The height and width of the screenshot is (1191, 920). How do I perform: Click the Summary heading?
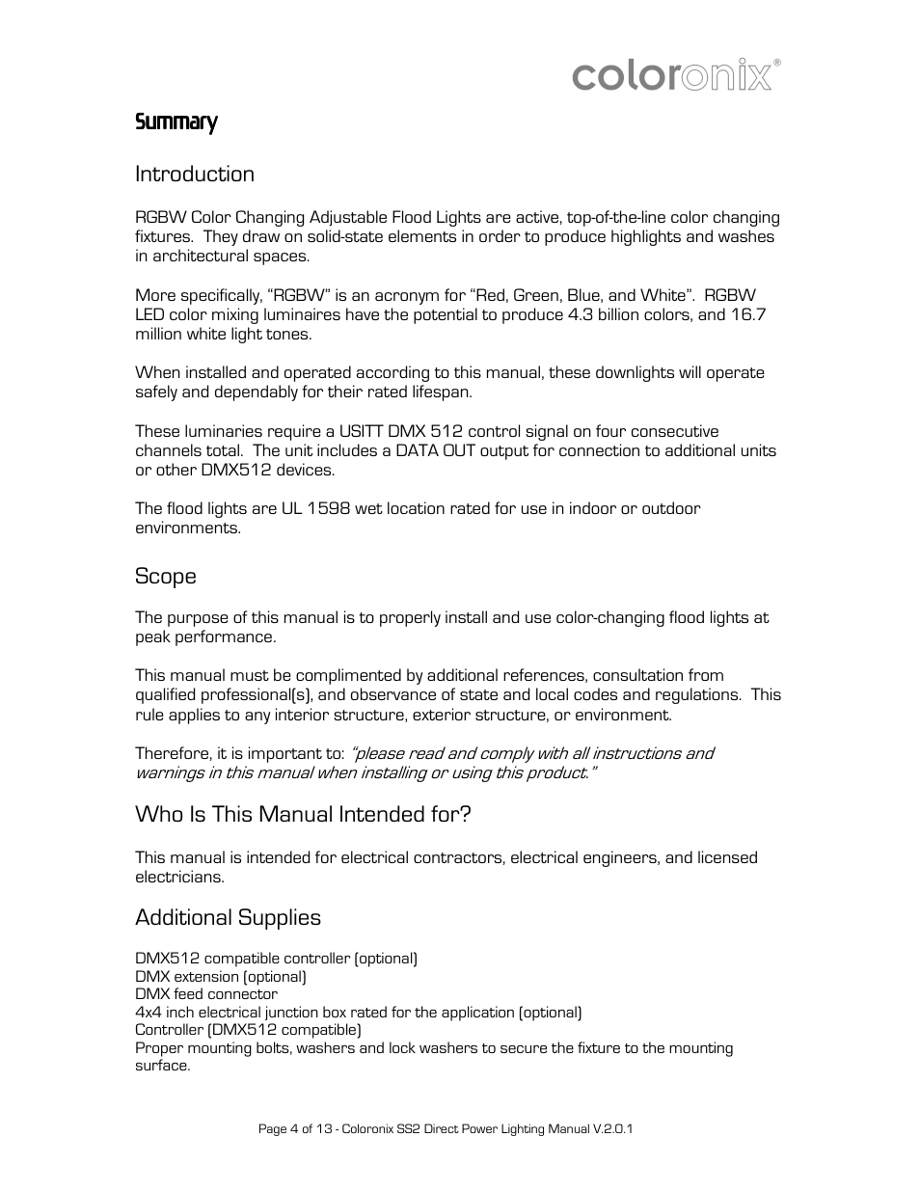click(x=176, y=122)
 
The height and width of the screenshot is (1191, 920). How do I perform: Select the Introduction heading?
click(x=194, y=174)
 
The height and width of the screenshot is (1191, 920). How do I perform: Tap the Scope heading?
click(x=165, y=576)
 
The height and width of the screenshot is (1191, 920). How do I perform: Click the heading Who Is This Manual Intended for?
click(x=303, y=814)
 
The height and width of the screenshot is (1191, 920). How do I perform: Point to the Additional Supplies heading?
click(x=228, y=917)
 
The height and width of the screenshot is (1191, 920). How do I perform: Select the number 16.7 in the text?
click(x=747, y=314)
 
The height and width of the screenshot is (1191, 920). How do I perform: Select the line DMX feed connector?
click(x=205, y=994)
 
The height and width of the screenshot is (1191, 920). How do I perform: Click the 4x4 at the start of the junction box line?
click(x=148, y=1012)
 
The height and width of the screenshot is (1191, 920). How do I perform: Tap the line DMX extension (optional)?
click(x=220, y=976)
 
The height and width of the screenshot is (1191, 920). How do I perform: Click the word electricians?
click(x=178, y=877)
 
